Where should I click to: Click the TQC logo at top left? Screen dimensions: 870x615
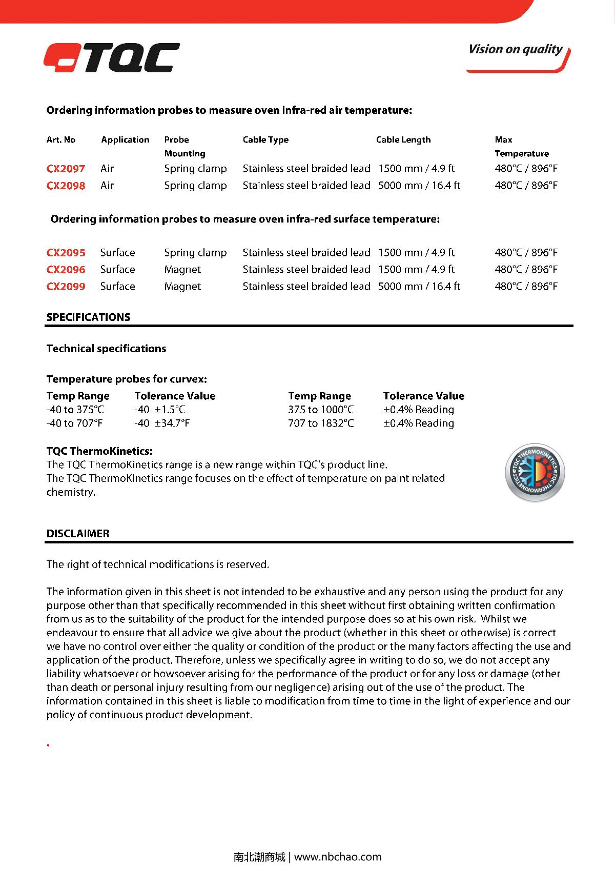pos(111,58)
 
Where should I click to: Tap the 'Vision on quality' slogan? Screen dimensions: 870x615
pos(515,50)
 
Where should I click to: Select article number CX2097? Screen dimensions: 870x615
pos(66,169)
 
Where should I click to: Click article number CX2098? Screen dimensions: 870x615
pos(66,186)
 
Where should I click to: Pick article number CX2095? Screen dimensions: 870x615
pos(66,253)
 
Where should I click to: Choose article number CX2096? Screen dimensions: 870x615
pos(66,270)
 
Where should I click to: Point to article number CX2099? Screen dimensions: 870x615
pos(66,287)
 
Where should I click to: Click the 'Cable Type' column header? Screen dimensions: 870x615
pos(265,140)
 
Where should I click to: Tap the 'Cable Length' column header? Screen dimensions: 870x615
pos(403,140)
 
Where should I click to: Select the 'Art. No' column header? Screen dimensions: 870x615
pos(60,140)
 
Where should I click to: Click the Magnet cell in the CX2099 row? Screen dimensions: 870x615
pos(182,287)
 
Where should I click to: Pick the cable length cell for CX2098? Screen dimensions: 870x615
pos(419,186)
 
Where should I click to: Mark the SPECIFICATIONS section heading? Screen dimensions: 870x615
pos(88,317)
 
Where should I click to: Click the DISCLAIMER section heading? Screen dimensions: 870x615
pos(78,534)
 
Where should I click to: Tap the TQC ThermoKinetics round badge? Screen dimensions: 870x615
pos(535,472)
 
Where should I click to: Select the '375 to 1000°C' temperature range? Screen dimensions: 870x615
pos(321,410)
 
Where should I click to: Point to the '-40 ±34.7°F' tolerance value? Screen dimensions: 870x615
pos(162,423)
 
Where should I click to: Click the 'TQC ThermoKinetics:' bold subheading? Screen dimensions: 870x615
pos(99,452)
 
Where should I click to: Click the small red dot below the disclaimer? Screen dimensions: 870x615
pos(48,745)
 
